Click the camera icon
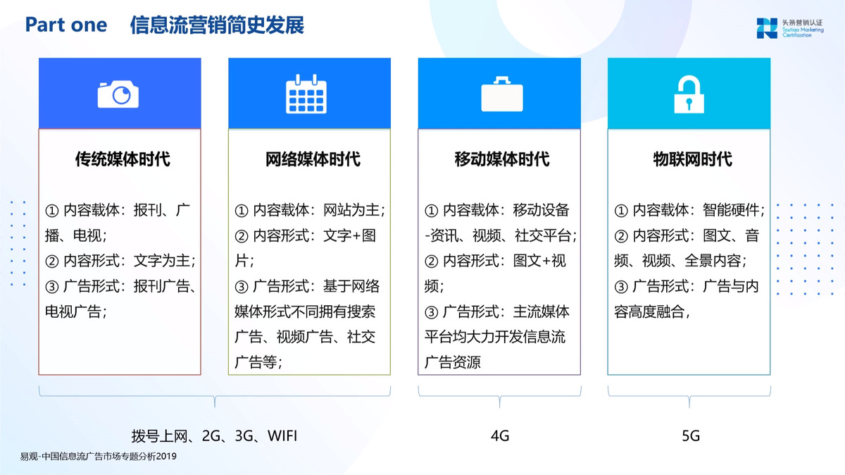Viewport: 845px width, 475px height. point(118,94)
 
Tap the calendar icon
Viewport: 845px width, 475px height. point(306,94)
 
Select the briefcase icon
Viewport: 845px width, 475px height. point(501,94)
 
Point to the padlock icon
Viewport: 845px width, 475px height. point(689,94)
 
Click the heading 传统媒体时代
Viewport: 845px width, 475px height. point(123,159)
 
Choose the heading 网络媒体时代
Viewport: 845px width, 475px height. point(313,159)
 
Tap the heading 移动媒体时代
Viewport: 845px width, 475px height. point(502,159)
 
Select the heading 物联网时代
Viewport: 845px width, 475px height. point(693,159)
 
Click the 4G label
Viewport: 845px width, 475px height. point(500,436)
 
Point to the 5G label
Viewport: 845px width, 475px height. point(691,436)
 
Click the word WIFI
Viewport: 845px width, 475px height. point(282,436)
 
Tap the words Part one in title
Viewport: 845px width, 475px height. point(66,25)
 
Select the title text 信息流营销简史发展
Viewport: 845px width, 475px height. point(217,25)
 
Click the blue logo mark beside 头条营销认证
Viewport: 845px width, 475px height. point(767,28)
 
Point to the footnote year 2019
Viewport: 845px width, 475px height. point(166,457)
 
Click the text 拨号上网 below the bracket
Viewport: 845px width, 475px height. point(159,436)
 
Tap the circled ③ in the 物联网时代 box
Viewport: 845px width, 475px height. point(621,287)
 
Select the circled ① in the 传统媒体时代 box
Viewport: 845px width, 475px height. point(52,211)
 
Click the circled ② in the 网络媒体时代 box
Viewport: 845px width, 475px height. point(242,236)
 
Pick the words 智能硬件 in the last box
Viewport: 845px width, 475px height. point(731,210)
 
